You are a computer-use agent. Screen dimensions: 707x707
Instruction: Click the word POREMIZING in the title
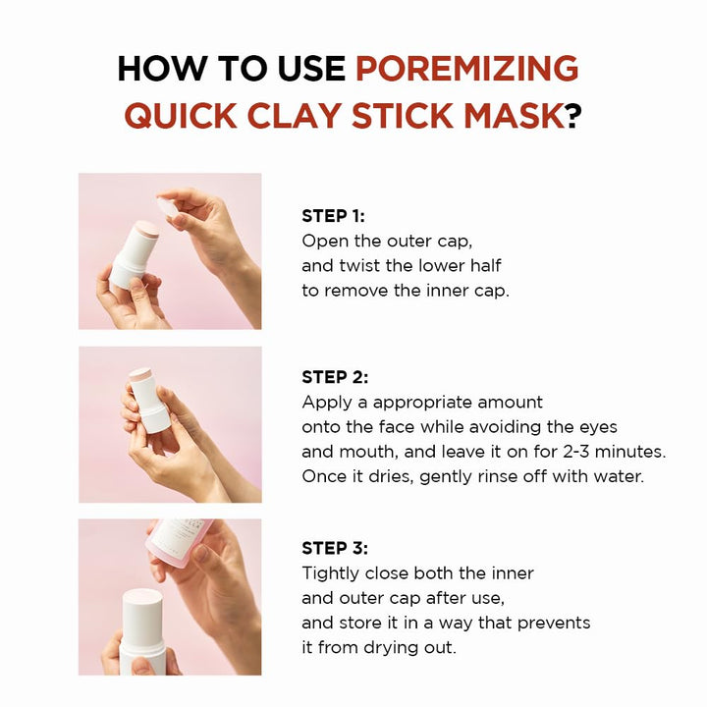466,69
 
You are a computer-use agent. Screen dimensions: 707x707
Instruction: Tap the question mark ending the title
573,116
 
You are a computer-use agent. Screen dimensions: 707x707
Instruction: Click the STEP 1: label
339,216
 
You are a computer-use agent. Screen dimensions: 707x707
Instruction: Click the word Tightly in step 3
332,573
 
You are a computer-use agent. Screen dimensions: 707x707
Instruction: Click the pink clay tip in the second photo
141,376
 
